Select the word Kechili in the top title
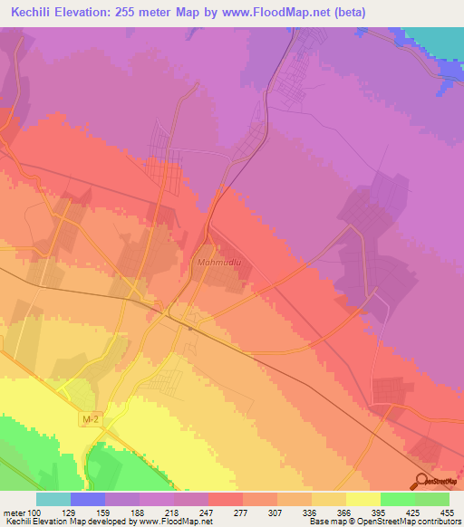click(x=34, y=13)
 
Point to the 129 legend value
click(x=84, y=513)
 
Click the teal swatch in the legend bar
click(x=53, y=499)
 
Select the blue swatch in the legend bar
click(x=88, y=499)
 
